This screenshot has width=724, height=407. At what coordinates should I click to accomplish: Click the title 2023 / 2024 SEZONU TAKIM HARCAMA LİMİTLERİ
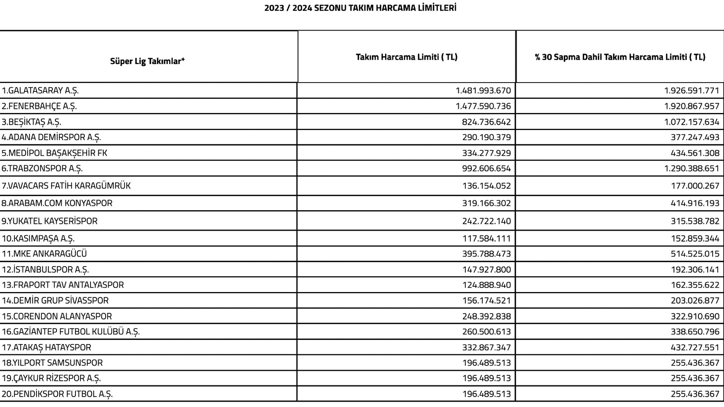pos(360,8)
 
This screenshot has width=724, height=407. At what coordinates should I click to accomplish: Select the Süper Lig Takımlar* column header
pos(147,61)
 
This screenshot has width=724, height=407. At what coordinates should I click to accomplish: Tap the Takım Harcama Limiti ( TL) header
pos(406,57)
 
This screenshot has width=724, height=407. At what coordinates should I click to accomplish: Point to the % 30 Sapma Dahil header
pos(620,57)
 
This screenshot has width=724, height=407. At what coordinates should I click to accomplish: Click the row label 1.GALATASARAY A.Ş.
pos(40,90)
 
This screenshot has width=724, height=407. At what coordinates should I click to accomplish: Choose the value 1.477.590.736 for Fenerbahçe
pos(483,106)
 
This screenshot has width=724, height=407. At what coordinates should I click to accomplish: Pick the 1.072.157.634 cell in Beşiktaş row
pos(692,122)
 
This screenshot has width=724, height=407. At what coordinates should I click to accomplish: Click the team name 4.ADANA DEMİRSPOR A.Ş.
pos(51,137)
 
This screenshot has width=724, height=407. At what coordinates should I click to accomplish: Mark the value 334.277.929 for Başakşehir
pos(486,153)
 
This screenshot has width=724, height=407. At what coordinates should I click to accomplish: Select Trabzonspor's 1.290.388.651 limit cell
pos(692,168)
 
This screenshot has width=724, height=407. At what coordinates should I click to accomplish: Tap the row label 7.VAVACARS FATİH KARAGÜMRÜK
pos(66,186)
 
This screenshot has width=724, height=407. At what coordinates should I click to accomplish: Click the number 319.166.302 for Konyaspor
pos(486,203)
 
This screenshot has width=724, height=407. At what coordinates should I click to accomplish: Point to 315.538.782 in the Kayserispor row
pos(695,221)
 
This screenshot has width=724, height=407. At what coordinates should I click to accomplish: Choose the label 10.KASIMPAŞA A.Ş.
pos(38,239)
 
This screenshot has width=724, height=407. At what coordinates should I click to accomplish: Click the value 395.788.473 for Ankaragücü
pos(486,254)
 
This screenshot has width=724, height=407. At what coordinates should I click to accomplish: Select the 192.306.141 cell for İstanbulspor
pos(695,269)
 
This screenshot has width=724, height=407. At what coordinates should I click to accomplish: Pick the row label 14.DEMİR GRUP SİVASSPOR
pos(55,300)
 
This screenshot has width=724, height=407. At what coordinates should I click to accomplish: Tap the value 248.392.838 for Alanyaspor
pos(486,316)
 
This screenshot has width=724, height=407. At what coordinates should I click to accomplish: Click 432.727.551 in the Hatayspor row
pos(695,347)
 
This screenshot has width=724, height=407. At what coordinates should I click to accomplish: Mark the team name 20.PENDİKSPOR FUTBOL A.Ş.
pos(57,394)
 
